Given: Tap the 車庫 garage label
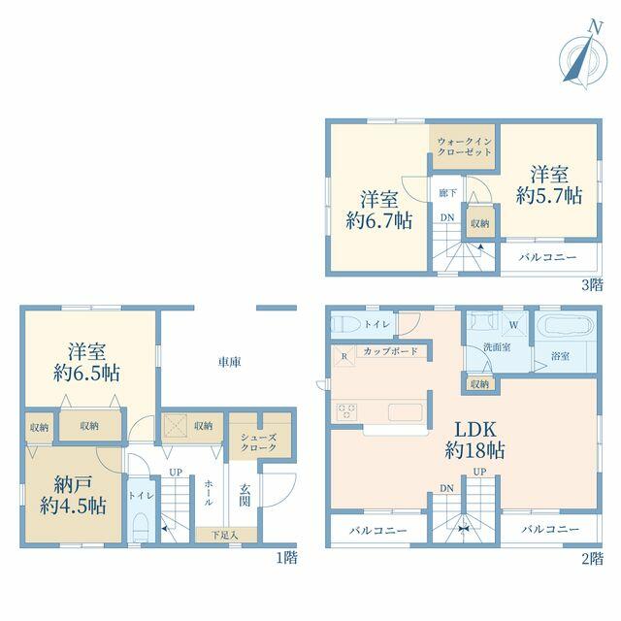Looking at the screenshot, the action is tap(229, 362).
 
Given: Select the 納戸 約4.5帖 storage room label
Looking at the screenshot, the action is tap(73, 495).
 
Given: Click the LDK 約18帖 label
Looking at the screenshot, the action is tap(474, 440).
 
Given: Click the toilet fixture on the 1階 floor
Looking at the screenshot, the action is tap(140, 528).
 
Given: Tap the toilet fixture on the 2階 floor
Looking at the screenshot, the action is tap(343, 324).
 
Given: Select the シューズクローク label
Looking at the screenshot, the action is tap(258, 442).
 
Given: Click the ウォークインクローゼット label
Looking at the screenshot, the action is tap(465, 147).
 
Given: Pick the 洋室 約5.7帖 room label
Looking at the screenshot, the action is tap(549, 185).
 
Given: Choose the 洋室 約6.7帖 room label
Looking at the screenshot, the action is tap(379, 210).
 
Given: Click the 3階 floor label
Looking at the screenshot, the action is tap(592, 284).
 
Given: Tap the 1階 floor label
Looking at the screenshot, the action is tap(286, 558).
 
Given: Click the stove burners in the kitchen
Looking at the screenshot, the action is tap(346, 411).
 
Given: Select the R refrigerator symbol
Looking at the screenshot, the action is tap(343, 356).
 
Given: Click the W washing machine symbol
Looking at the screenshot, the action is tap(513, 325).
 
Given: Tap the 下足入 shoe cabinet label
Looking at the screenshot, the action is tap(225, 536).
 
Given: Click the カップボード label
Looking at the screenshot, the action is tap(390, 351).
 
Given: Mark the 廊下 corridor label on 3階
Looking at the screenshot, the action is tap(447, 193).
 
